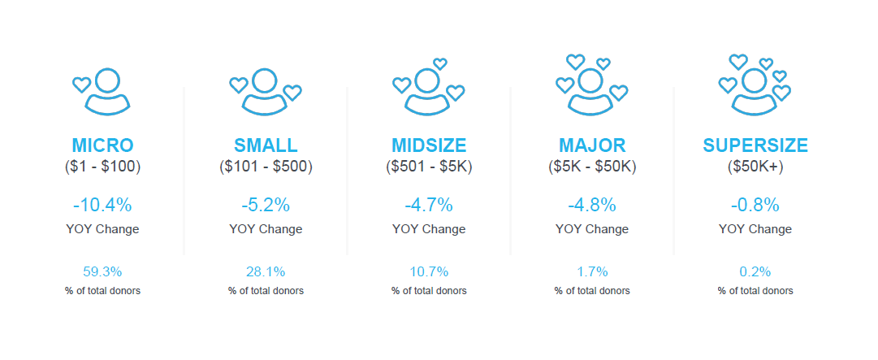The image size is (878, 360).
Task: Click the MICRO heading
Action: pyautogui.click(x=102, y=145)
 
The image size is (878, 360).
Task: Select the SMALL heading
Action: pyautogui.click(x=266, y=145)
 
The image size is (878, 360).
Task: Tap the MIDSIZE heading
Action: pyautogui.click(x=429, y=145)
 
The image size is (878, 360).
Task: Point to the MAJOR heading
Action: pyautogui.click(x=592, y=145)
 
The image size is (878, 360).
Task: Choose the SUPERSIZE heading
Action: pyautogui.click(x=755, y=145)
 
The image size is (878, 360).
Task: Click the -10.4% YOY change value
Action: pyautogui.click(x=102, y=206)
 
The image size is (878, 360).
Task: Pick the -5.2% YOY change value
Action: pyautogui.click(x=266, y=206)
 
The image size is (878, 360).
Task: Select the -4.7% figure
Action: pyautogui.click(x=429, y=206)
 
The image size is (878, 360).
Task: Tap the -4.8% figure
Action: pyautogui.click(x=592, y=206)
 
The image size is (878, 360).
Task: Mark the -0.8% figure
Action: pyautogui.click(x=755, y=206)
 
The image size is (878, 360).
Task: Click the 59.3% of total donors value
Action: pyautogui.click(x=102, y=272)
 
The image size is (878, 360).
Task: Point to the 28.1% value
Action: pyautogui.click(x=266, y=272)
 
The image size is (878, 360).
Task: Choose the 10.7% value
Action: pyautogui.click(x=429, y=272)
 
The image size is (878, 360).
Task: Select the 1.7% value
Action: pyautogui.click(x=592, y=272)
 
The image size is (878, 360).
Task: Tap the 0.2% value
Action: pyautogui.click(x=755, y=272)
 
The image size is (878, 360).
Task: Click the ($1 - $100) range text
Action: pyautogui.click(x=102, y=167)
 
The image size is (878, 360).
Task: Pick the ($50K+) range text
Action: pyautogui.click(x=755, y=167)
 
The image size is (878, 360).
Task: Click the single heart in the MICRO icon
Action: pyautogui.click(x=82, y=85)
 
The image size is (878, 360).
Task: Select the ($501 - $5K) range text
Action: pyautogui.click(x=429, y=167)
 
